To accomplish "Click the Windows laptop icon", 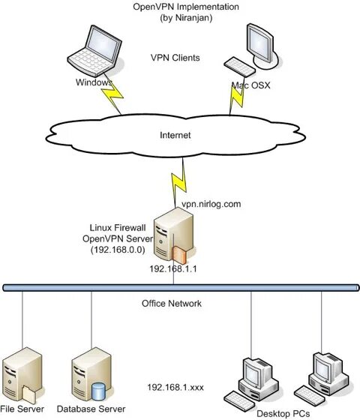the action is pyautogui.click(x=95, y=51).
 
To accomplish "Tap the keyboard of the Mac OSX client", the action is pyautogui.click(x=239, y=67).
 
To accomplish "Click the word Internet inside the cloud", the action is pyautogui.click(x=175, y=135).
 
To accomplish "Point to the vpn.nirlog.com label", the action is pyautogui.click(x=211, y=204).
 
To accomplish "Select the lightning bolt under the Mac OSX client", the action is pyautogui.click(x=237, y=97).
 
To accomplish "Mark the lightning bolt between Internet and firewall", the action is pyautogui.click(x=179, y=182).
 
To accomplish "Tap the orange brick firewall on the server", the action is pyautogui.click(x=179, y=255).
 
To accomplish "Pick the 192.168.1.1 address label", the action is pyautogui.click(x=173, y=269).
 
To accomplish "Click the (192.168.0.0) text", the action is pyautogui.click(x=118, y=250).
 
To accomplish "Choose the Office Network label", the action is pyautogui.click(x=172, y=304).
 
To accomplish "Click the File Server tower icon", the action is pyautogui.click(x=22, y=374).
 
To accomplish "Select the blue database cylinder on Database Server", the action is pyautogui.click(x=98, y=391).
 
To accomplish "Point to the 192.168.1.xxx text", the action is pyautogui.click(x=175, y=387).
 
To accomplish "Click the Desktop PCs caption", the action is pyautogui.click(x=283, y=414).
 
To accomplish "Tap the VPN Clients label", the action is pyautogui.click(x=175, y=58).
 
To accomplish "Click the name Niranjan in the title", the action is pyautogui.click(x=192, y=18).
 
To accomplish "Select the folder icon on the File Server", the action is pyautogui.click(x=29, y=394).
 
